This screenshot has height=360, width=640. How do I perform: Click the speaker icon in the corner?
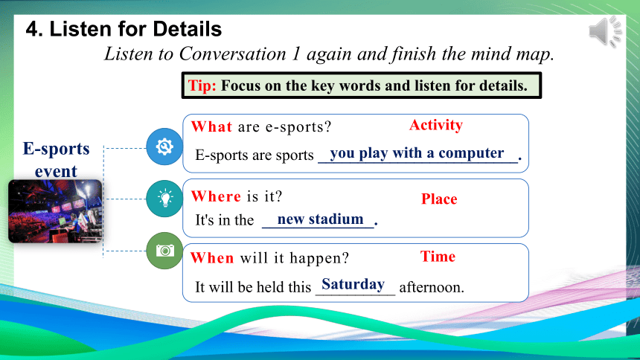click(605, 31)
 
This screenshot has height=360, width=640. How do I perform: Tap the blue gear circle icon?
click(164, 147)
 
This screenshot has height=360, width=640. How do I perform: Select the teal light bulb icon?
click(164, 199)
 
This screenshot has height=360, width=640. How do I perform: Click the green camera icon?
click(164, 251)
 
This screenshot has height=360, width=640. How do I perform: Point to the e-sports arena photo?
click(55, 211)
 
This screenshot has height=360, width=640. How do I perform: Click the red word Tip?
click(202, 86)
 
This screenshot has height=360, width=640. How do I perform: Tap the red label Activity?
click(436, 125)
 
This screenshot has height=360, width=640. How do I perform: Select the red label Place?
click(439, 199)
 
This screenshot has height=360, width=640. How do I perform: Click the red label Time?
click(438, 257)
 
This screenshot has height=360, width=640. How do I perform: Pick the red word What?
click(211, 126)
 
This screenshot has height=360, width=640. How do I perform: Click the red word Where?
click(216, 196)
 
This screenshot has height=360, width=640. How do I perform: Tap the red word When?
click(212, 258)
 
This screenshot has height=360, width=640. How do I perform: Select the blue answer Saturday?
click(353, 284)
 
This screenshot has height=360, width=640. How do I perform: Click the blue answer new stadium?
click(321, 219)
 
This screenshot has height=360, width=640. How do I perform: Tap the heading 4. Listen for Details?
click(124, 29)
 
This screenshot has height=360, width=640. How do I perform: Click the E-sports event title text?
click(56, 160)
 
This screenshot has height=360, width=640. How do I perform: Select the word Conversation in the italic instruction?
click(233, 54)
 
